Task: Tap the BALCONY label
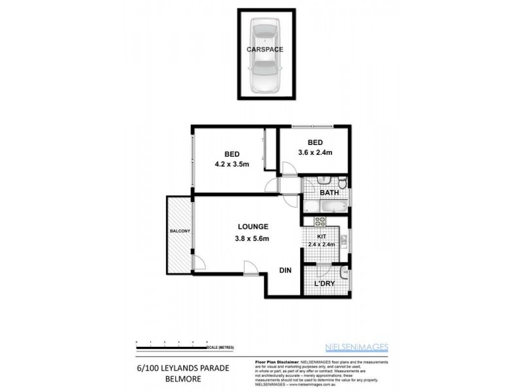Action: [x=179, y=231]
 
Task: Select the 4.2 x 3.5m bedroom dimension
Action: [x=231, y=165]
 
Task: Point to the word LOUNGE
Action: [x=253, y=227]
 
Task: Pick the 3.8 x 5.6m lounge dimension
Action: [x=253, y=238]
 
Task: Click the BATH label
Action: [x=328, y=193]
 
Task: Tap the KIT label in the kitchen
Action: [x=321, y=237]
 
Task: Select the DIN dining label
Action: [x=285, y=270]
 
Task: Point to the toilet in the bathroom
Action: [x=321, y=181]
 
